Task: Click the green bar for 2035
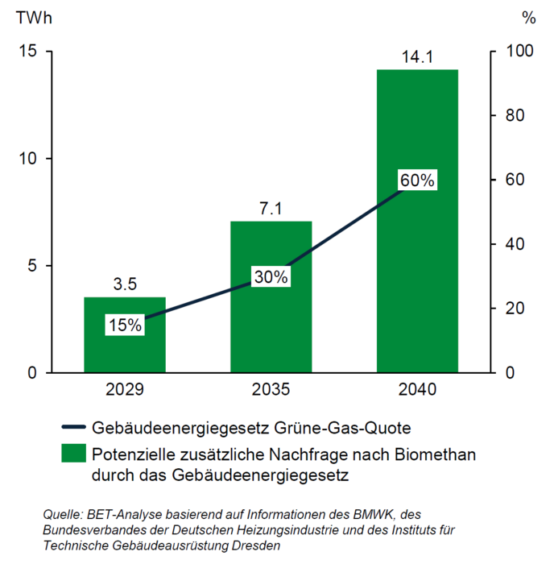[271, 322]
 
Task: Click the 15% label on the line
[125, 326]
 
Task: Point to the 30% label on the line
[271, 276]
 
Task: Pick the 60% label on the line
[417, 180]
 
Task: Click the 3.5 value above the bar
[125, 284]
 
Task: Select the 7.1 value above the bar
[271, 208]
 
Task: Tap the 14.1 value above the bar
[417, 56]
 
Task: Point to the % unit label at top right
[528, 17]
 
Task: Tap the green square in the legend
[74, 454]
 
